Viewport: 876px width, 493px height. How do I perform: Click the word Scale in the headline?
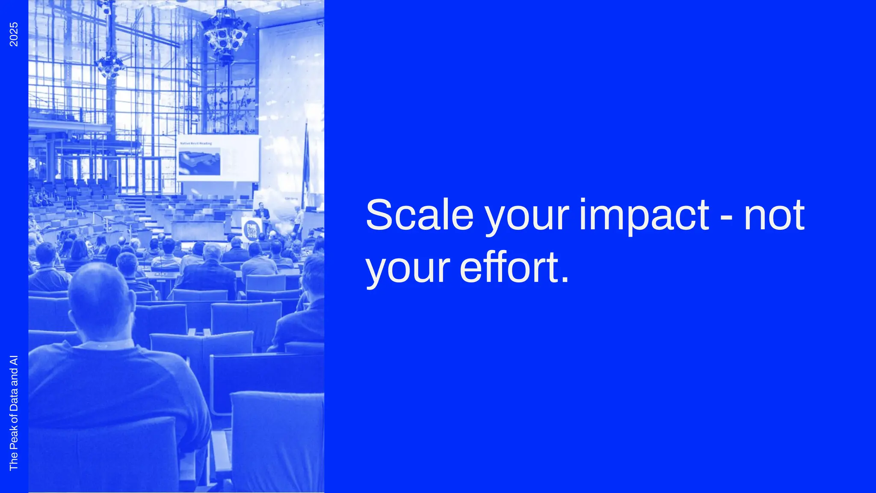(x=419, y=215)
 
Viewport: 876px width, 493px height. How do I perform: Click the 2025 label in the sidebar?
(x=14, y=34)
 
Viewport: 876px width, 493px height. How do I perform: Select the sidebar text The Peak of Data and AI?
(x=14, y=413)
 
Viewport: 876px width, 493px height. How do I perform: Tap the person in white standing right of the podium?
(x=299, y=220)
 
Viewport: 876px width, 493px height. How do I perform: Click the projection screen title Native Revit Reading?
(x=196, y=143)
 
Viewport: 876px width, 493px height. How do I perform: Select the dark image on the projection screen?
(x=199, y=161)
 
